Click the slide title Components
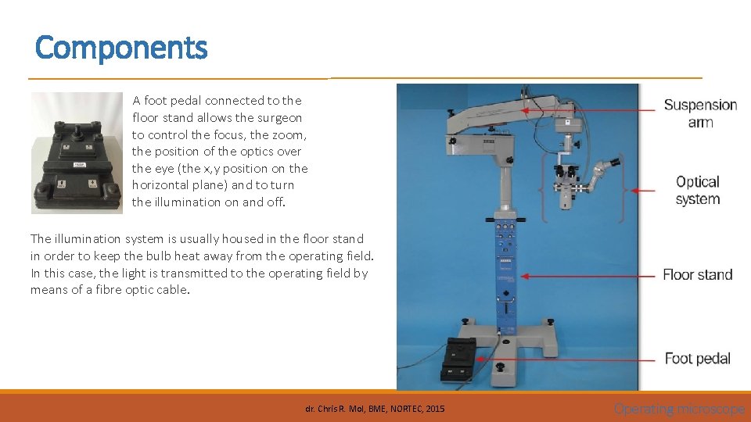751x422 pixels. pyautogui.click(x=121, y=48)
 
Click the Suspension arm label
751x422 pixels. pyautogui.click(x=700, y=113)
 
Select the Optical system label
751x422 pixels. pyautogui.click(x=697, y=190)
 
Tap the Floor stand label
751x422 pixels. pyautogui.click(x=697, y=274)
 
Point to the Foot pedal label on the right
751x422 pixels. pyautogui.click(x=697, y=359)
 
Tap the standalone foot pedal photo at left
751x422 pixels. pyautogui.click(x=77, y=152)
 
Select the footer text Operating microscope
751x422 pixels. pyautogui.click(x=679, y=409)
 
